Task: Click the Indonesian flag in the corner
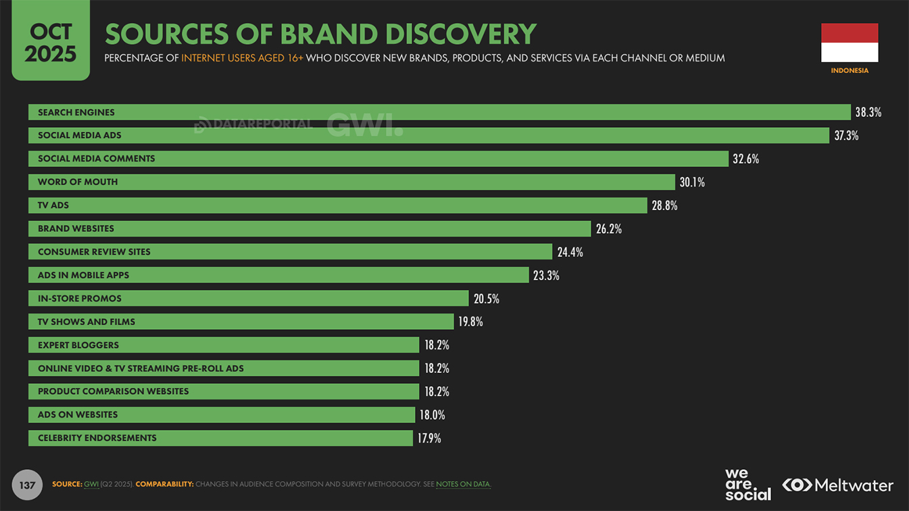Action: coord(850,43)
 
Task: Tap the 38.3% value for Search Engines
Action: coord(868,112)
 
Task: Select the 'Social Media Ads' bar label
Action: coord(80,135)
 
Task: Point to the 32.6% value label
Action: coord(745,159)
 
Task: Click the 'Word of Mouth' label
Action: coord(78,182)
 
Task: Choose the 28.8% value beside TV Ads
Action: coord(664,205)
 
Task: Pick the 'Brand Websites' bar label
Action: coord(76,228)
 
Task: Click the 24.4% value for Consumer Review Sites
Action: coord(570,252)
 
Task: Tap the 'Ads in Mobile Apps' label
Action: coord(83,275)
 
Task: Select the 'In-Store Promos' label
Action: coord(79,298)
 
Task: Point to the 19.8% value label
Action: coord(470,322)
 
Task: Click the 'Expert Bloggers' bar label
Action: coord(78,345)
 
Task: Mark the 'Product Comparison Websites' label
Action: coord(113,391)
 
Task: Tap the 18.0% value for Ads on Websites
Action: coord(432,415)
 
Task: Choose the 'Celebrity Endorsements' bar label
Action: coord(97,438)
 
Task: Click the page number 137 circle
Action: coord(27,485)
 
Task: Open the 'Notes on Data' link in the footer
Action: coord(463,484)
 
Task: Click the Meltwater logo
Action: coord(838,485)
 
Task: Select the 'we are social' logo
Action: coord(747,485)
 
